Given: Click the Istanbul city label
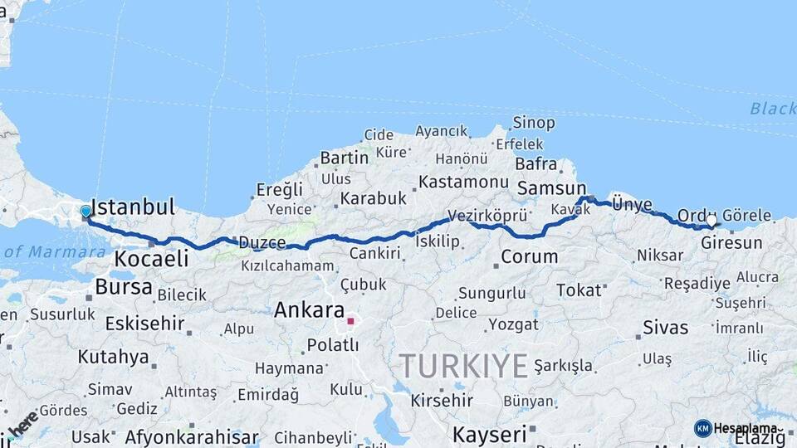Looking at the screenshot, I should [133, 207].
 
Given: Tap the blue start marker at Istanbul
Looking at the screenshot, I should [86, 212].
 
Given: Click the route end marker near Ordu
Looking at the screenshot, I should [711, 222].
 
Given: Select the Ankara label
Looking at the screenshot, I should [309, 310].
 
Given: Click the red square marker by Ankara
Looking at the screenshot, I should [350, 320].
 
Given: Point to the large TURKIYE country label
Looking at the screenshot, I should [464, 366].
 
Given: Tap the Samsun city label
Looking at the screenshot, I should [551, 188].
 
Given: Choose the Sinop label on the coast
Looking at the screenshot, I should [534, 123].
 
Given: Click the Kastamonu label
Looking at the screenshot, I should [463, 181].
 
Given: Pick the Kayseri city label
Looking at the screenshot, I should [490, 434].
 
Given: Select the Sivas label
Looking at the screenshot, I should [667, 327].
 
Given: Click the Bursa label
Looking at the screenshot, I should [124, 287].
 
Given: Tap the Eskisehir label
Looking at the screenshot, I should [144, 323].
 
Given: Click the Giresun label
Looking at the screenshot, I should [731, 243].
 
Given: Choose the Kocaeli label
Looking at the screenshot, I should [151, 258].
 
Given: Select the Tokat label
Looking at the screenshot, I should [579, 290].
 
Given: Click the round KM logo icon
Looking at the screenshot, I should [702, 428].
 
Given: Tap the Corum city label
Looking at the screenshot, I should [530, 256].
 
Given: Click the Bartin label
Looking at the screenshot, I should [344, 158].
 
